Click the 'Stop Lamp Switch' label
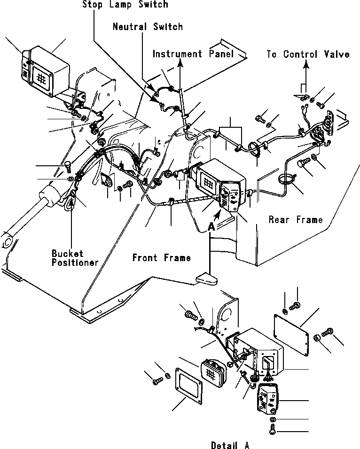125,5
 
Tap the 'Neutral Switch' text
147,27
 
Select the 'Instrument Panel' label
193,54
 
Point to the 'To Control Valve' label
308,54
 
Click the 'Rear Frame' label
296,219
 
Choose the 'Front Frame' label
161,257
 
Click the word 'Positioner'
75,263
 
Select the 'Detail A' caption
230,444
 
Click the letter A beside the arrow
211,226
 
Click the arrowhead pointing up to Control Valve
306,66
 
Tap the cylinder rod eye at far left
6,240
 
